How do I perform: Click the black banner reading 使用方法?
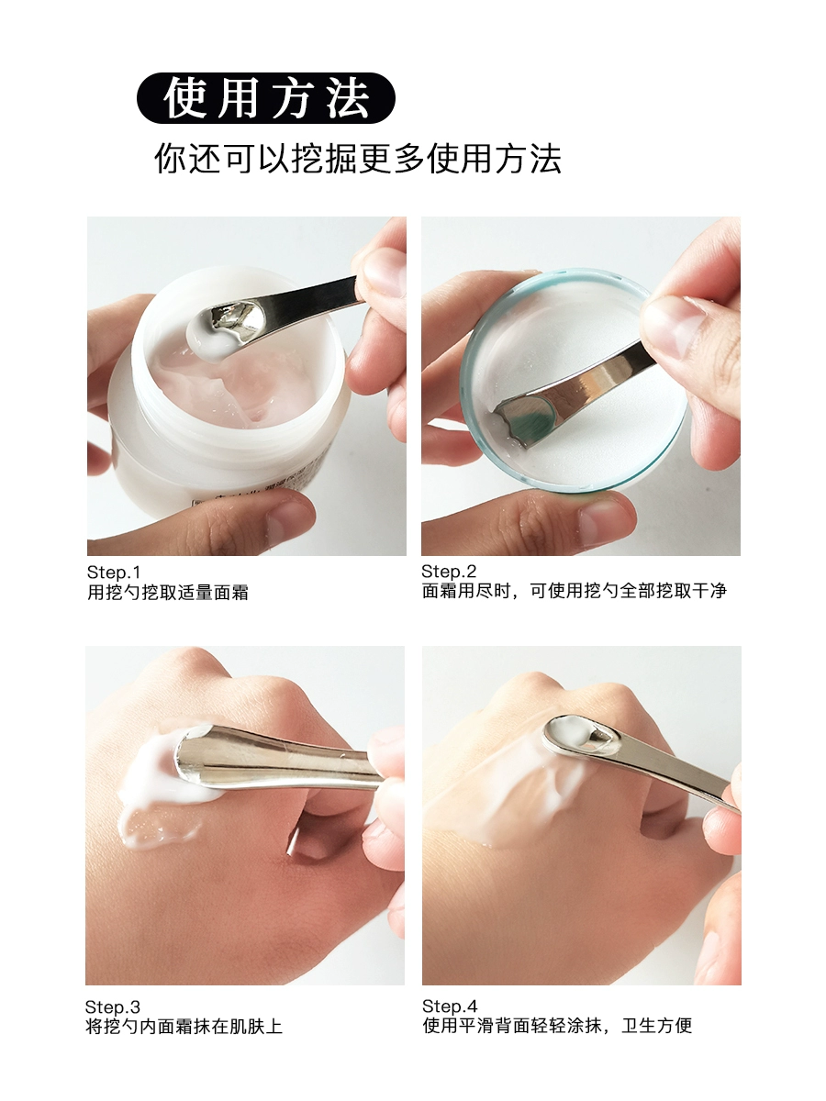point(266,98)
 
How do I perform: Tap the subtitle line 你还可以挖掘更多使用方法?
point(358,159)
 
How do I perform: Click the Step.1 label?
point(114,573)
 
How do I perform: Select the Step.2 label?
point(449,572)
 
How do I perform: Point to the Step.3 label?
point(113,1007)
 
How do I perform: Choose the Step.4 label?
point(450,1006)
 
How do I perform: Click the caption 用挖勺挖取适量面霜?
point(168,593)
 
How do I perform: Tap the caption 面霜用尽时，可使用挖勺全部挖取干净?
point(575,591)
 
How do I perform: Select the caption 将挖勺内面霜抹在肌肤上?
point(184,1027)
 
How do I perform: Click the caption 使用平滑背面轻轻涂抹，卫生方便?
point(557,1026)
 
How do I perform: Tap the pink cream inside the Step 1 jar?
point(236,386)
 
